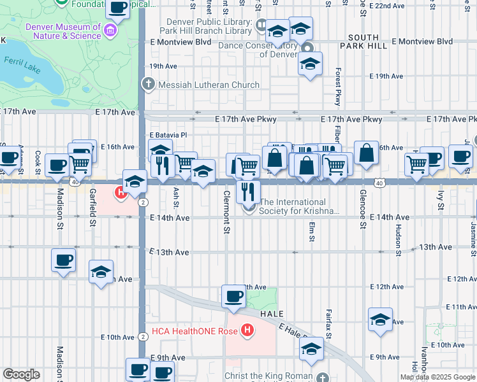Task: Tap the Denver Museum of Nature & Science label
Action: click(x=63, y=32)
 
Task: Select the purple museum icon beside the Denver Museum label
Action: click(x=111, y=31)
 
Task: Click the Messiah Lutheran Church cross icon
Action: click(x=148, y=84)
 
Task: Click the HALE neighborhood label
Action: click(x=272, y=314)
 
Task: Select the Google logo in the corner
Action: click(x=21, y=374)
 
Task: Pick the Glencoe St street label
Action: click(x=362, y=208)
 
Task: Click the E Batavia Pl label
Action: click(x=168, y=135)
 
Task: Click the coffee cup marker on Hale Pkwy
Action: click(x=233, y=297)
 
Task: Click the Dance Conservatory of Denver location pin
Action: click(x=307, y=49)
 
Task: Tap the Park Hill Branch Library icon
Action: click(x=261, y=25)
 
